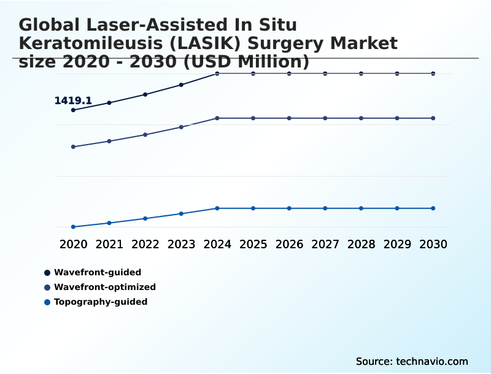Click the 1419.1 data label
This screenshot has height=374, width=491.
coord(73,101)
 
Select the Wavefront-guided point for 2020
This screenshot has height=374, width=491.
coord(73,110)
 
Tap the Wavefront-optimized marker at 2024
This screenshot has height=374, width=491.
coord(217,118)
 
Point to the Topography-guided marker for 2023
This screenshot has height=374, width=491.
coord(181,213)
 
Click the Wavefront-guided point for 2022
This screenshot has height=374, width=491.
coord(145,94)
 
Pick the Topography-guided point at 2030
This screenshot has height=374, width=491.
coord(433,208)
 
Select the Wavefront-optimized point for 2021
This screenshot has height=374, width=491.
coord(109,141)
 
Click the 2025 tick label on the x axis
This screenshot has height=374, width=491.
coord(253,244)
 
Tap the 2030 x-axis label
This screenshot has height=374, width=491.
coord(433,244)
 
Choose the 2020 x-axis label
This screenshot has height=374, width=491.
coord(73,244)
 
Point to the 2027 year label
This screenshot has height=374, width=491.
coord(325,244)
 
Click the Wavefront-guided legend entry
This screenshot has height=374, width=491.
coord(97,272)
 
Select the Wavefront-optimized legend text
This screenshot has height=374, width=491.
coord(104,287)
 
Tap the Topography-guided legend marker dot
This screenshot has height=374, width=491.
coord(47,302)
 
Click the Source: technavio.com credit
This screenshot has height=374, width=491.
coord(412,361)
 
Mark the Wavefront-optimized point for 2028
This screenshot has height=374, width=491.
coord(361,118)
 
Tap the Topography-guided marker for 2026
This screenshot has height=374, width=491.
coord(289,208)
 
